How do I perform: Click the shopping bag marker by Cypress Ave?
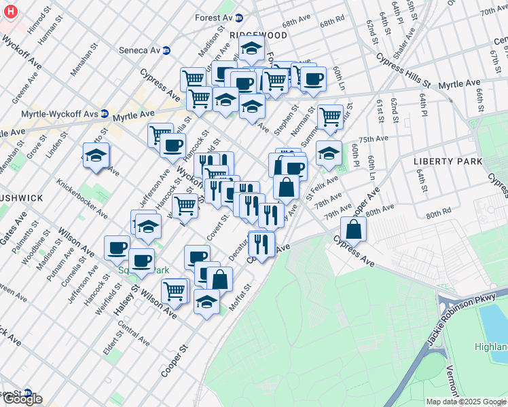(353, 229)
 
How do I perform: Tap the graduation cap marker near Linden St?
(96, 155)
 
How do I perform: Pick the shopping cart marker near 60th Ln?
(330, 117)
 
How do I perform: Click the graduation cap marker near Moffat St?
(206, 302)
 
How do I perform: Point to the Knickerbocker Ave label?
(82, 199)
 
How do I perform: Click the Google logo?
(22, 400)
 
